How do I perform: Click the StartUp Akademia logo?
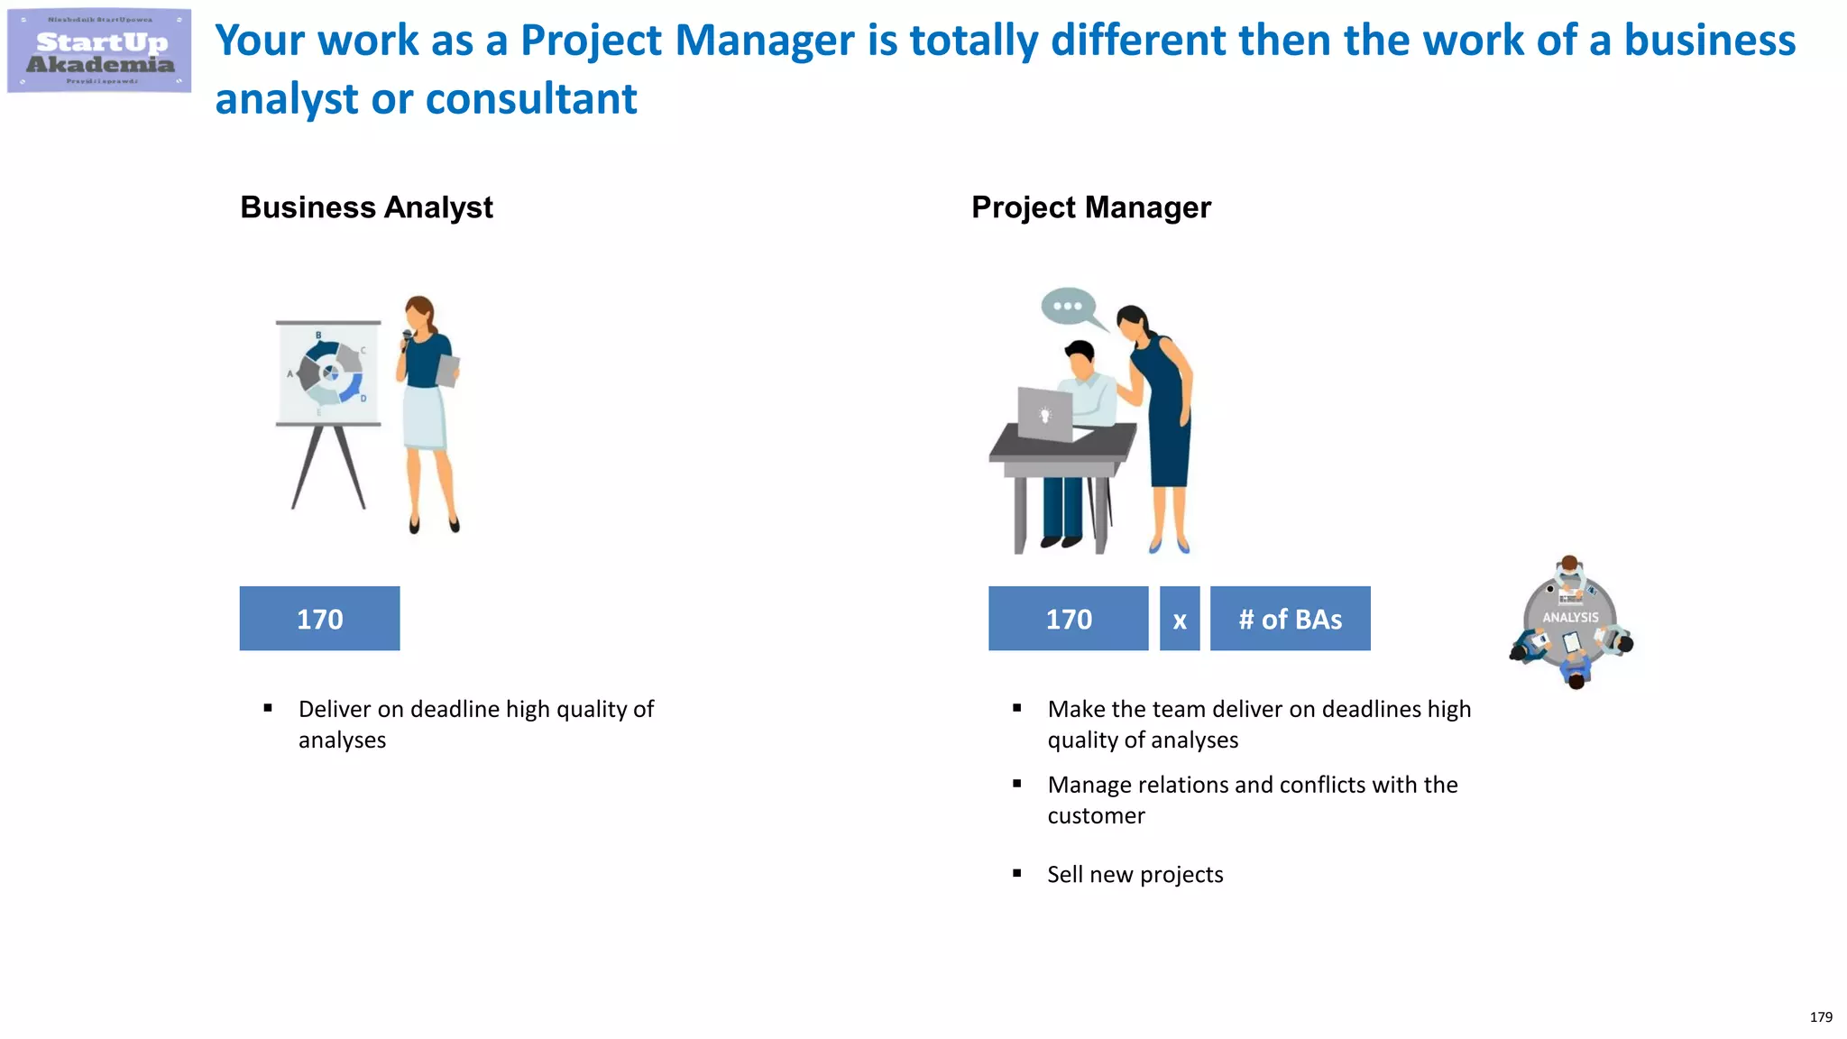[99, 51]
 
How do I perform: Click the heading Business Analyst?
[366, 207]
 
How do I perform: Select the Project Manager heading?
[1090, 207]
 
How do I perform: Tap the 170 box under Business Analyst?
[319, 619]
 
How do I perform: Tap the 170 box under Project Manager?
[1068, 619]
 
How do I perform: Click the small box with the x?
[1179, 619]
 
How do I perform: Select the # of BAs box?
[1290, 619]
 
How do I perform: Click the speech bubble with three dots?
[1069, 307]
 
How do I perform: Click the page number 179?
[1821, 1016]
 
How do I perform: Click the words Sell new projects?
[1135, 874]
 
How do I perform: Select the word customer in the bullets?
[1096, 815]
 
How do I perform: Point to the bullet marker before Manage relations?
[1016, 784]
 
